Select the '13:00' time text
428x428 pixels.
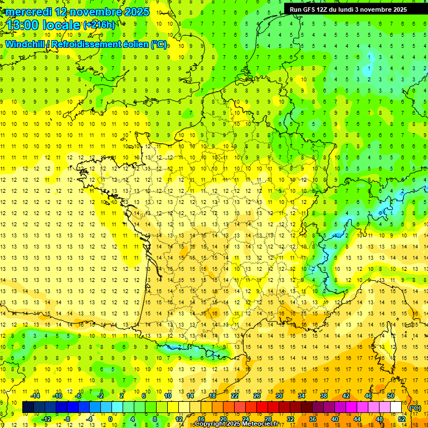[23, 26]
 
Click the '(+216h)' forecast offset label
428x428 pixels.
[99, 25]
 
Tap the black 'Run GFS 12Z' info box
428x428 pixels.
[348, 9]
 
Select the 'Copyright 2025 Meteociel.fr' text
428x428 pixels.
[236, 424]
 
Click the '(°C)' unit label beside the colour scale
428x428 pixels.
[415, 408]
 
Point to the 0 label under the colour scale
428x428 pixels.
[110, 419]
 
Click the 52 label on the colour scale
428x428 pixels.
[402, 419]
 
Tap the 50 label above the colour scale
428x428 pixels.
[391, 396]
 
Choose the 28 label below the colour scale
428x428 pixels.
[267, 419]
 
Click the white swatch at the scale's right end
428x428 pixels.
[396, 407]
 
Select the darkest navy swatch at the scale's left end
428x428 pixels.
[28, 407]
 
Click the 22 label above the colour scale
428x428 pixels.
[235, 396]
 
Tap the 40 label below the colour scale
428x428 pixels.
[334, 419]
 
